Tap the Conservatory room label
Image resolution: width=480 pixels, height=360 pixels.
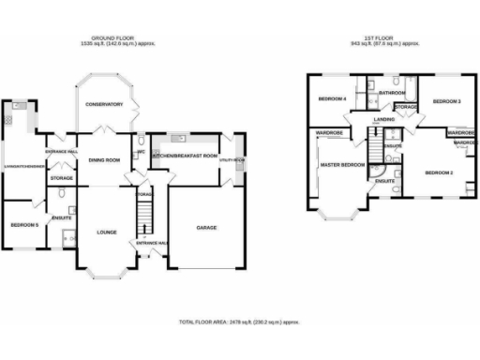[104, 104]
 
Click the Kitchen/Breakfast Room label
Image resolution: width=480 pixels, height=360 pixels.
[185, 156]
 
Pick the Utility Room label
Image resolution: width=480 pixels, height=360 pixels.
[232, 160]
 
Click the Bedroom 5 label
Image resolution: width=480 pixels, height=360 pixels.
[23, 225]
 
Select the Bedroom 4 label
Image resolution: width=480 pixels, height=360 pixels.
[333, 98]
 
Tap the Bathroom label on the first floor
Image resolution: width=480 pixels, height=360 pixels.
[393, 94]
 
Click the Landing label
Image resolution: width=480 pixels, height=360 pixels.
[383, 120]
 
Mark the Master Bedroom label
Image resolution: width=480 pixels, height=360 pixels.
[342, 165]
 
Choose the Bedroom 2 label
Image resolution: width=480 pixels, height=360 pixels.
[439, 173]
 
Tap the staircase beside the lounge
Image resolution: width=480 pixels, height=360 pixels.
[143, 221]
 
